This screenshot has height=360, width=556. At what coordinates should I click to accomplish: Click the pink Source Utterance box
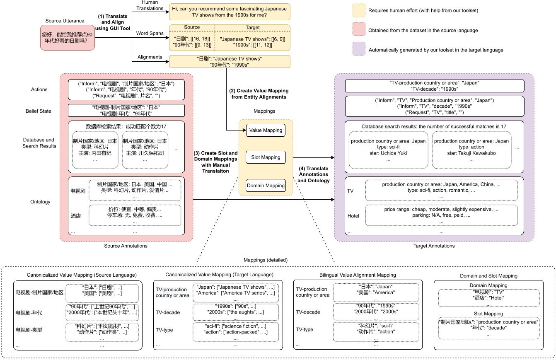pyautogui.click(x=66, y=38)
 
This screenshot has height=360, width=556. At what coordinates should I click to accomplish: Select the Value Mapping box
pyautogui.click(x=266, y=130)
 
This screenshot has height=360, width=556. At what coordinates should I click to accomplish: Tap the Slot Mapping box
pyautogui.click(x=266, y=157)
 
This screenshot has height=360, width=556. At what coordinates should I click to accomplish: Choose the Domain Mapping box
pyautogui.click(x=266, y=186)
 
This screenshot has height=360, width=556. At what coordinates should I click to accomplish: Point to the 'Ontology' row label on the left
pyautogui.click(x=40, y=202)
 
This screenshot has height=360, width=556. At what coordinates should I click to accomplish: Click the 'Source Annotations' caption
pyautogui.click(x=126, y=246)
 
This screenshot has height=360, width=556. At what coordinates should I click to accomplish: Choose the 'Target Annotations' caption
pyautogui.click(x=434, y=246)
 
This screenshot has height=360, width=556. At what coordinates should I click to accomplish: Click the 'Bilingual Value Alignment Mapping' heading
pyautogui.click(x=358, y=275)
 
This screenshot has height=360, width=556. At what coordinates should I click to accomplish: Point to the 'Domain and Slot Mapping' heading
pyautogui.click(x=488, y=275)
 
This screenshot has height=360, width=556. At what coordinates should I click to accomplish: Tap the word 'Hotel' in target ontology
pyautogui.click(x=353, y=216)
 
